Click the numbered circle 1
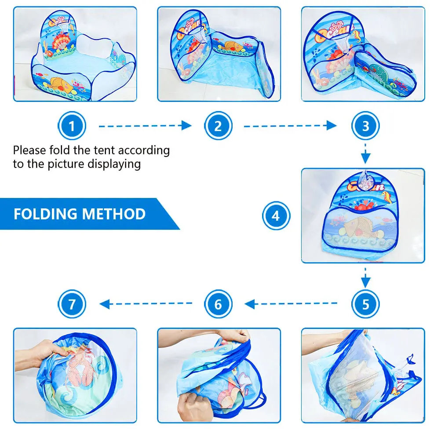point(72,126)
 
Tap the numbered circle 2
point(218,126)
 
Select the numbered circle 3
point(365,126)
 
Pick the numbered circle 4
point(276,215)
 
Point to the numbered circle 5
point(365,304)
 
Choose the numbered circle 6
point(218,304)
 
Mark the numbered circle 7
point(72,304)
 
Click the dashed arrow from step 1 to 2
point(146,126)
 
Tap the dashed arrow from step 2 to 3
point(291,126)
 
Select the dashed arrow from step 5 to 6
point(291,304)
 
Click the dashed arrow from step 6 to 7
point(146,304)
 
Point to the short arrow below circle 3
point(365,153)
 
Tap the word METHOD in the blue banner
point(114,214)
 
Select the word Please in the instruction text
point(29,150)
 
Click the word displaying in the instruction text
point(114,164)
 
